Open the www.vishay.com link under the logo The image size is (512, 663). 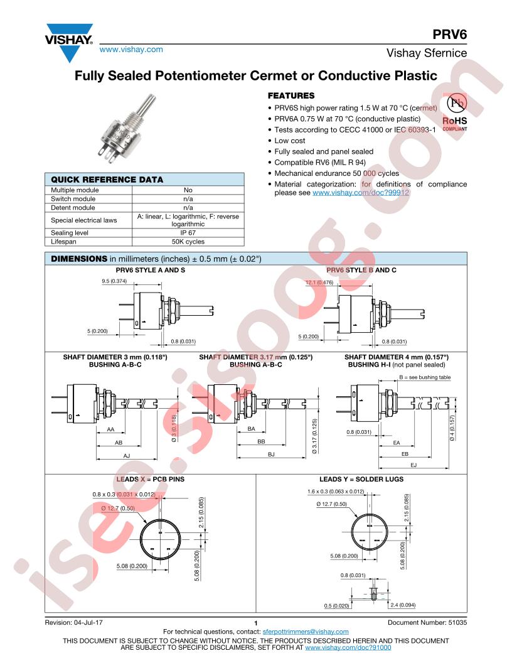click(131, 50)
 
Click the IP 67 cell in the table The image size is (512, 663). click(188, 232)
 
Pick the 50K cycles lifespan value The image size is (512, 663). click(188, 242)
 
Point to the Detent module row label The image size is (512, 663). click(73, 208)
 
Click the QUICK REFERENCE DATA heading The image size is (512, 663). click(107, 180)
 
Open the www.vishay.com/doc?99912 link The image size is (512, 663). click(361, 192)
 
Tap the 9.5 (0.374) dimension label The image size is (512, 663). click(114, 281)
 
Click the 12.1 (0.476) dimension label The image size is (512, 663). click(319, 282)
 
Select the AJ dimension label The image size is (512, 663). click(127, 455)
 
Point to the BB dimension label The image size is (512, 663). click(261, 441)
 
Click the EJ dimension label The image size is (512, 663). click(413, 465)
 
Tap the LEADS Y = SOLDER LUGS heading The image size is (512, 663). click(361, 479)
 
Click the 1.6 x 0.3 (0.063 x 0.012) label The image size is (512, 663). click(336, 492)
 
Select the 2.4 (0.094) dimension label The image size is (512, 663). click(403, 605)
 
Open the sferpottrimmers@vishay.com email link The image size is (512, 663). click(306, 631)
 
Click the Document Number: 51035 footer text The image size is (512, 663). click(427, 622)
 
